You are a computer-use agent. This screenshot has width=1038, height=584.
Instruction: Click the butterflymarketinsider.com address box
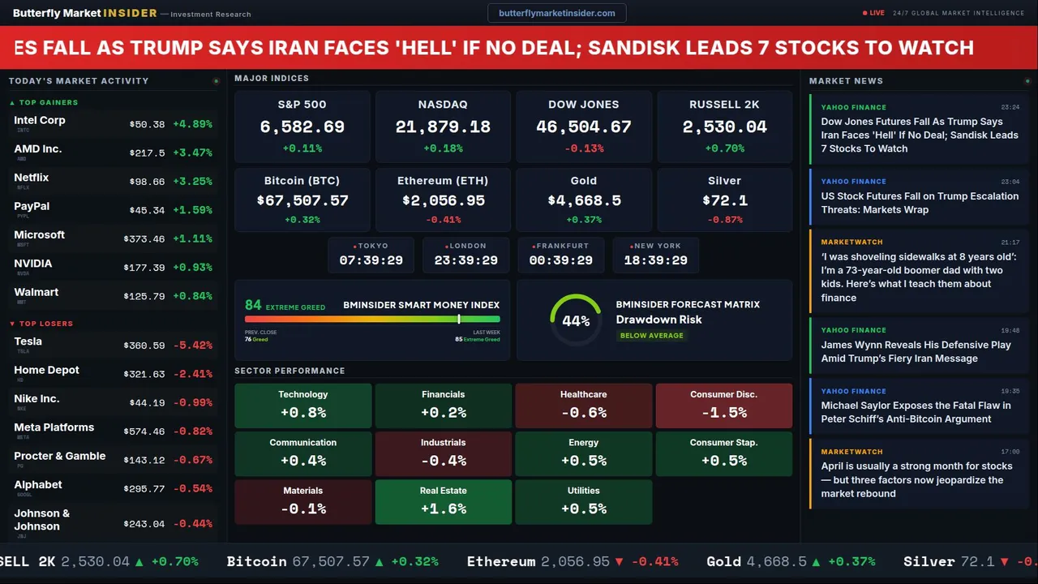[x=556, y=13]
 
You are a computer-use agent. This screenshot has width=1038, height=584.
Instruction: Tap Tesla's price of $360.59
[x=146, y=346]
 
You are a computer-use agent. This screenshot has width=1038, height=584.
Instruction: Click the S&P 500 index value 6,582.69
[x=302, y=127]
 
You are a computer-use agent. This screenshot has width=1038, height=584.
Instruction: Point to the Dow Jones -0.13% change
[x=583, y=148]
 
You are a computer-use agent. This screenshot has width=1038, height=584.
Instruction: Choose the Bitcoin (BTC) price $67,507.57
[x=302, y=200]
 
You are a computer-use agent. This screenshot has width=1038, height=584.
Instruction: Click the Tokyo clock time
[x=371, y=260]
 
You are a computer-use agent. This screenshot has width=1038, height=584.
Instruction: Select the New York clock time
[x=655, y=260]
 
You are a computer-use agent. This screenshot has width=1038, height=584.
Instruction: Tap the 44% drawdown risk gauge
[x=576, y=320]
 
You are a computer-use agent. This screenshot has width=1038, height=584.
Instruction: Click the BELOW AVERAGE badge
[x=651, y=335]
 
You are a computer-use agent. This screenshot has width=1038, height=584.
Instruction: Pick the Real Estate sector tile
[x=443, y=502]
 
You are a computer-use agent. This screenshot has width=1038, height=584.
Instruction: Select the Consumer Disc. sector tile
[x=723, y=406]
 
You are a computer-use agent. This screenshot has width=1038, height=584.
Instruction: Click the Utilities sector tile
[x=583, y=502]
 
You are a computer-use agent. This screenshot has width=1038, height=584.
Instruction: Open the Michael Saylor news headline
[x=916, y=412]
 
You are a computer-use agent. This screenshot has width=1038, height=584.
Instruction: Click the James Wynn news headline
[x=916, y=351]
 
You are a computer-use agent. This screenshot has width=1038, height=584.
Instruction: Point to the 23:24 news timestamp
[x=1010, y=107]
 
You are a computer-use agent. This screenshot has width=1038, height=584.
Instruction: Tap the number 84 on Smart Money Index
[x=253, y=305]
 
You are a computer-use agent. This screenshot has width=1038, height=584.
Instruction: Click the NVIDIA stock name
[x=33, y=264]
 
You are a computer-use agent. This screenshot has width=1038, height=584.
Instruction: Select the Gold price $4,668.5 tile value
[x=583, y=200]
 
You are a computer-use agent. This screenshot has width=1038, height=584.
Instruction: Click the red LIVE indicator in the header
[x=874, y=13]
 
